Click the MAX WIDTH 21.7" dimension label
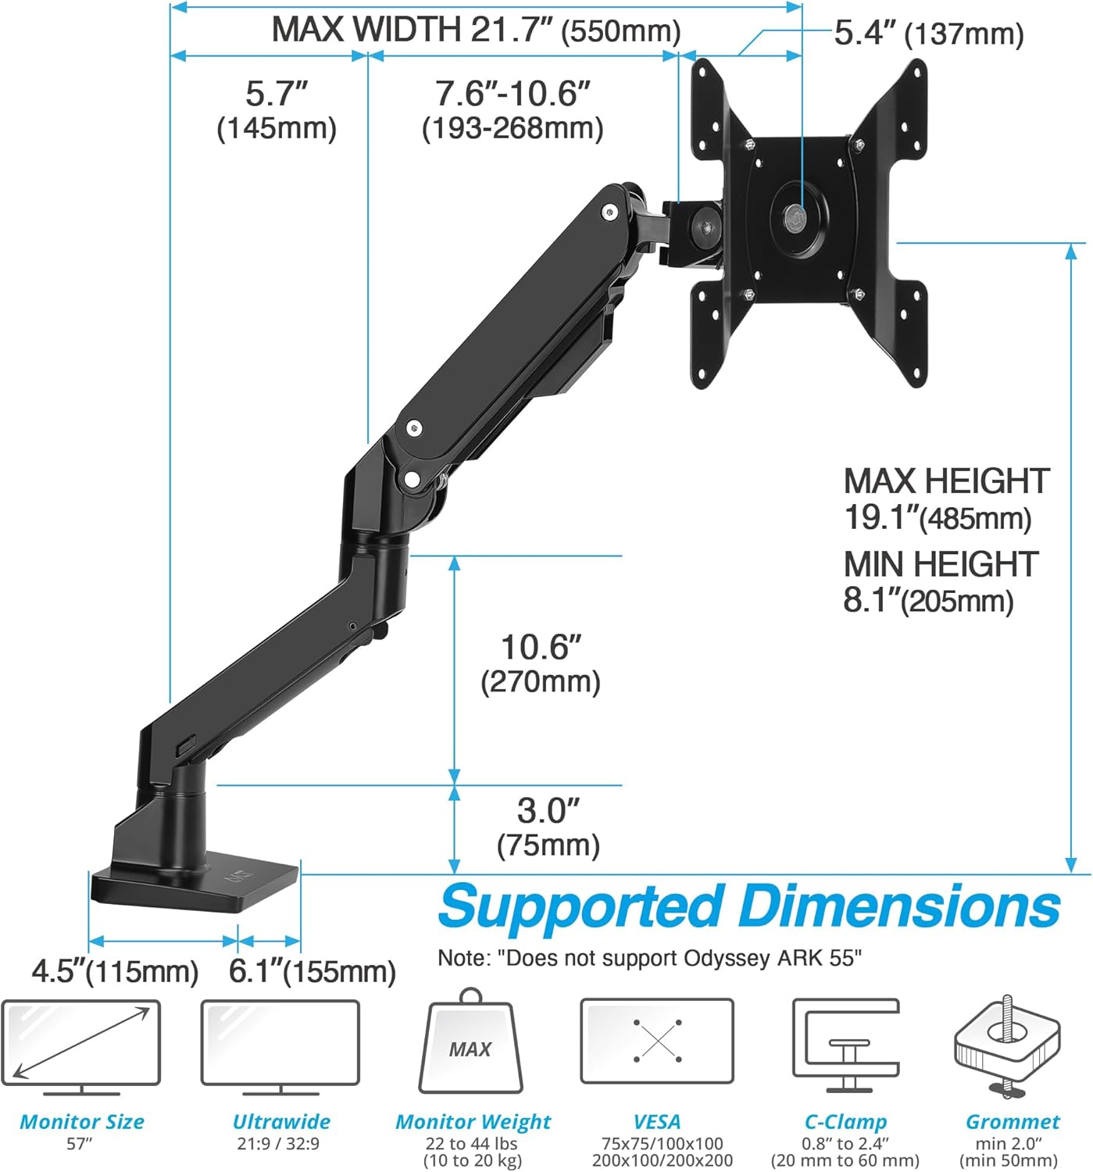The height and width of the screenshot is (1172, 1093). tap(476, 30)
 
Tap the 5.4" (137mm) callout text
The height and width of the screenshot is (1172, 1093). tap(928, 34)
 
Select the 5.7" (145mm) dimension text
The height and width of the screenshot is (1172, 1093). tap(277, 109)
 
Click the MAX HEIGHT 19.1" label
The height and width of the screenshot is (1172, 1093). tap(946, 498)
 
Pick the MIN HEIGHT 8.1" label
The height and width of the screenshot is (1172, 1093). tap(940, 581)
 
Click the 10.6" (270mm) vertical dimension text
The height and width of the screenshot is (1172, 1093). tap(541, 663)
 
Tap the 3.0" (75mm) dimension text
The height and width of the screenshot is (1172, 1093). tap(548, 827)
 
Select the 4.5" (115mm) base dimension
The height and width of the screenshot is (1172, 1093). tap(115, 971)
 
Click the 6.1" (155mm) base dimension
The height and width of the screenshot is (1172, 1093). tap(312, 971)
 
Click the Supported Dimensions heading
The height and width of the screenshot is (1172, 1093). tap(748, 906)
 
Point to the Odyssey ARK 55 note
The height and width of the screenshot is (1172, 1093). tap(649, 958)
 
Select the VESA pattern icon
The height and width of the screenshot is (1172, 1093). tap(656, 1041)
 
